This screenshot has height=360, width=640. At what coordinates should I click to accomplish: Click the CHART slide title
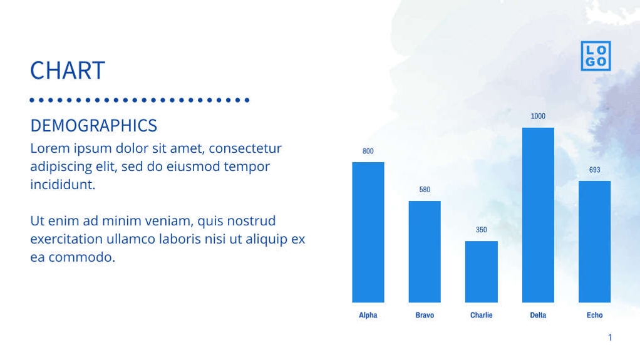click(68, 70)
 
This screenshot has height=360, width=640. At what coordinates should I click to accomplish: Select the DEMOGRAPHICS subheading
click(93, 125)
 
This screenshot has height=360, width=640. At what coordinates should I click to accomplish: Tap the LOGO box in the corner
click(595, 56)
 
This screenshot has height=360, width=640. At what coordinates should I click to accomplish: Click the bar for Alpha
click(368, 232)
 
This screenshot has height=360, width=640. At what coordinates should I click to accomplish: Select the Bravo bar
click(425, 252)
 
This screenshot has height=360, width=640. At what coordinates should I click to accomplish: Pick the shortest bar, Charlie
click(481, 272)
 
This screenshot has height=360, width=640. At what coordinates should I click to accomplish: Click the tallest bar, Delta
click(538, 215)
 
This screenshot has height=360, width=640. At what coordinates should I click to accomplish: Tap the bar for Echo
click(594, 242)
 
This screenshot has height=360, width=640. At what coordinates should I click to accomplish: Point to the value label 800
click(368, 151)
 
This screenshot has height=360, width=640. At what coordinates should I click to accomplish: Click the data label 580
click(425, 190)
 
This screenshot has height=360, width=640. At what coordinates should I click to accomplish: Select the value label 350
click(481, 230)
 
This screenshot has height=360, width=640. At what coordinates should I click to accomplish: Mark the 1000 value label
click(538, 116)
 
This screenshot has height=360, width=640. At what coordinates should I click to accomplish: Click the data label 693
click(594, 170)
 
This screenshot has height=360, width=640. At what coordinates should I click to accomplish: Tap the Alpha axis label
click(368, 315)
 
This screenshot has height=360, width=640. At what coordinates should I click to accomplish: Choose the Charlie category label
click(481, 315)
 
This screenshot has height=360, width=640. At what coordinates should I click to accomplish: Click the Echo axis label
click(594, 315)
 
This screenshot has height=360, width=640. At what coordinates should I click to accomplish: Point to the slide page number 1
click(610, 338)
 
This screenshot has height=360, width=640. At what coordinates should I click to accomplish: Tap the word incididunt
click(62, 185)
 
